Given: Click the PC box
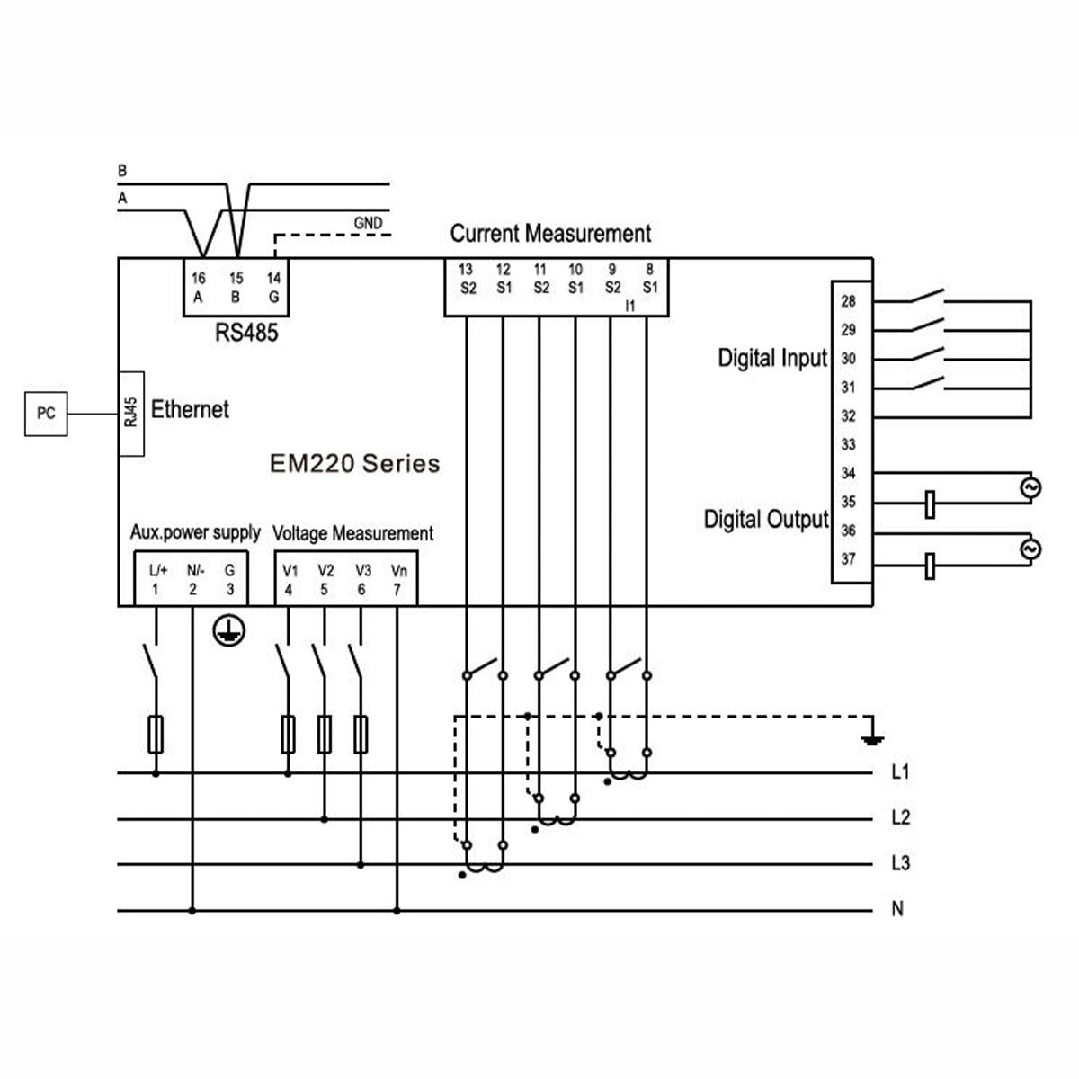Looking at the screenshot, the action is coord(46,414).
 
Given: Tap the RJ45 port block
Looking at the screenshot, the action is coord(131,414).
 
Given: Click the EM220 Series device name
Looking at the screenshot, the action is coord(354,464).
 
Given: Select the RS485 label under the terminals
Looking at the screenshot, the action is coord(246,333).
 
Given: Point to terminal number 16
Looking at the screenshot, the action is coord(198,278).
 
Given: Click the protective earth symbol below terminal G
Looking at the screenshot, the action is coord(228,630).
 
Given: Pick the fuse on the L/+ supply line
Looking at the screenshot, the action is coord(156,734).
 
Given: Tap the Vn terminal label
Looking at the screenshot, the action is coord(398,571).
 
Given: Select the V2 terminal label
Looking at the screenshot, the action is coord(325,571).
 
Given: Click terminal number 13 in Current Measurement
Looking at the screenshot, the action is coord(465,270).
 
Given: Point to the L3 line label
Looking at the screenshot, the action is coord(900,863).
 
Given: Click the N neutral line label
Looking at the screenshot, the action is coord(897,908).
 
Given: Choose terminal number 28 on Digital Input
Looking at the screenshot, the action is coord(848,301).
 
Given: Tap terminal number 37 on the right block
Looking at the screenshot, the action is coord(848,558).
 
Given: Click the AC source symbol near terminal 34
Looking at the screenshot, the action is coord(1030,487).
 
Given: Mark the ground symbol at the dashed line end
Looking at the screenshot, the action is coord(873,741).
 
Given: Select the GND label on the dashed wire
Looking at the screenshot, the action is coord(368,223).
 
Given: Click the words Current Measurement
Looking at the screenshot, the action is coord(550,234).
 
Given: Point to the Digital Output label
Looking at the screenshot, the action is coord(766,519).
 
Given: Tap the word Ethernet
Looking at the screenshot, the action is coord(190,409).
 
